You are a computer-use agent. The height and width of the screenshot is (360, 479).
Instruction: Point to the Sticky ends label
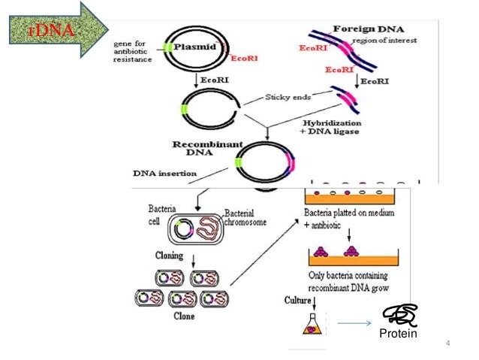(x=288, y=98)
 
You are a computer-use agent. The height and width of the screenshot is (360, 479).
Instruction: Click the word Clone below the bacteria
(x=183, y=316)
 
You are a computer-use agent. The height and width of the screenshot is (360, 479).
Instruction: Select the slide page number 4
(x=447, y=345)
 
